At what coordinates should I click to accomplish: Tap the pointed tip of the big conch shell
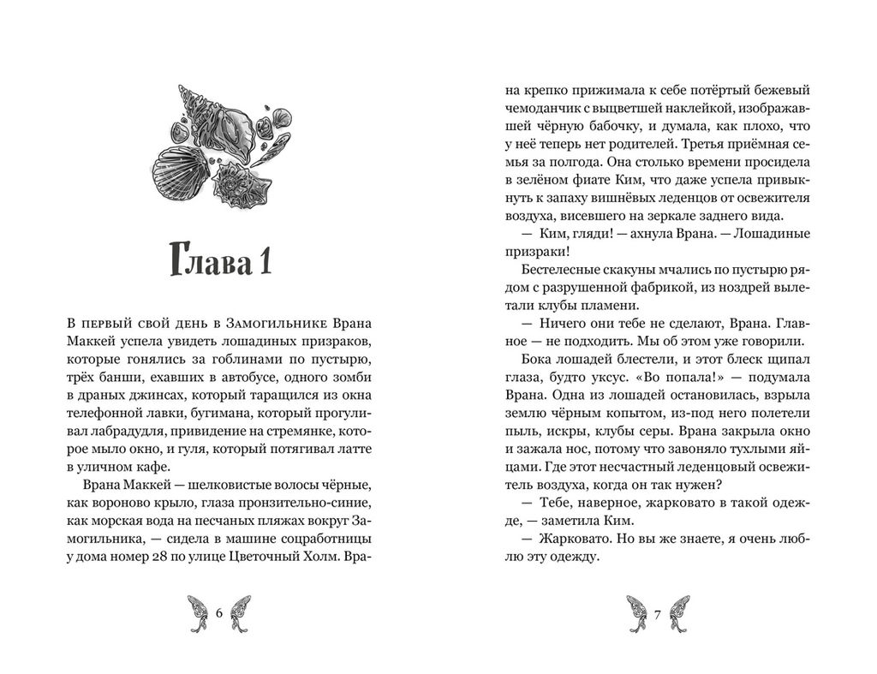[x=182, y=87]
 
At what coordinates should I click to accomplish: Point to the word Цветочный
[x=266, y=558]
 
